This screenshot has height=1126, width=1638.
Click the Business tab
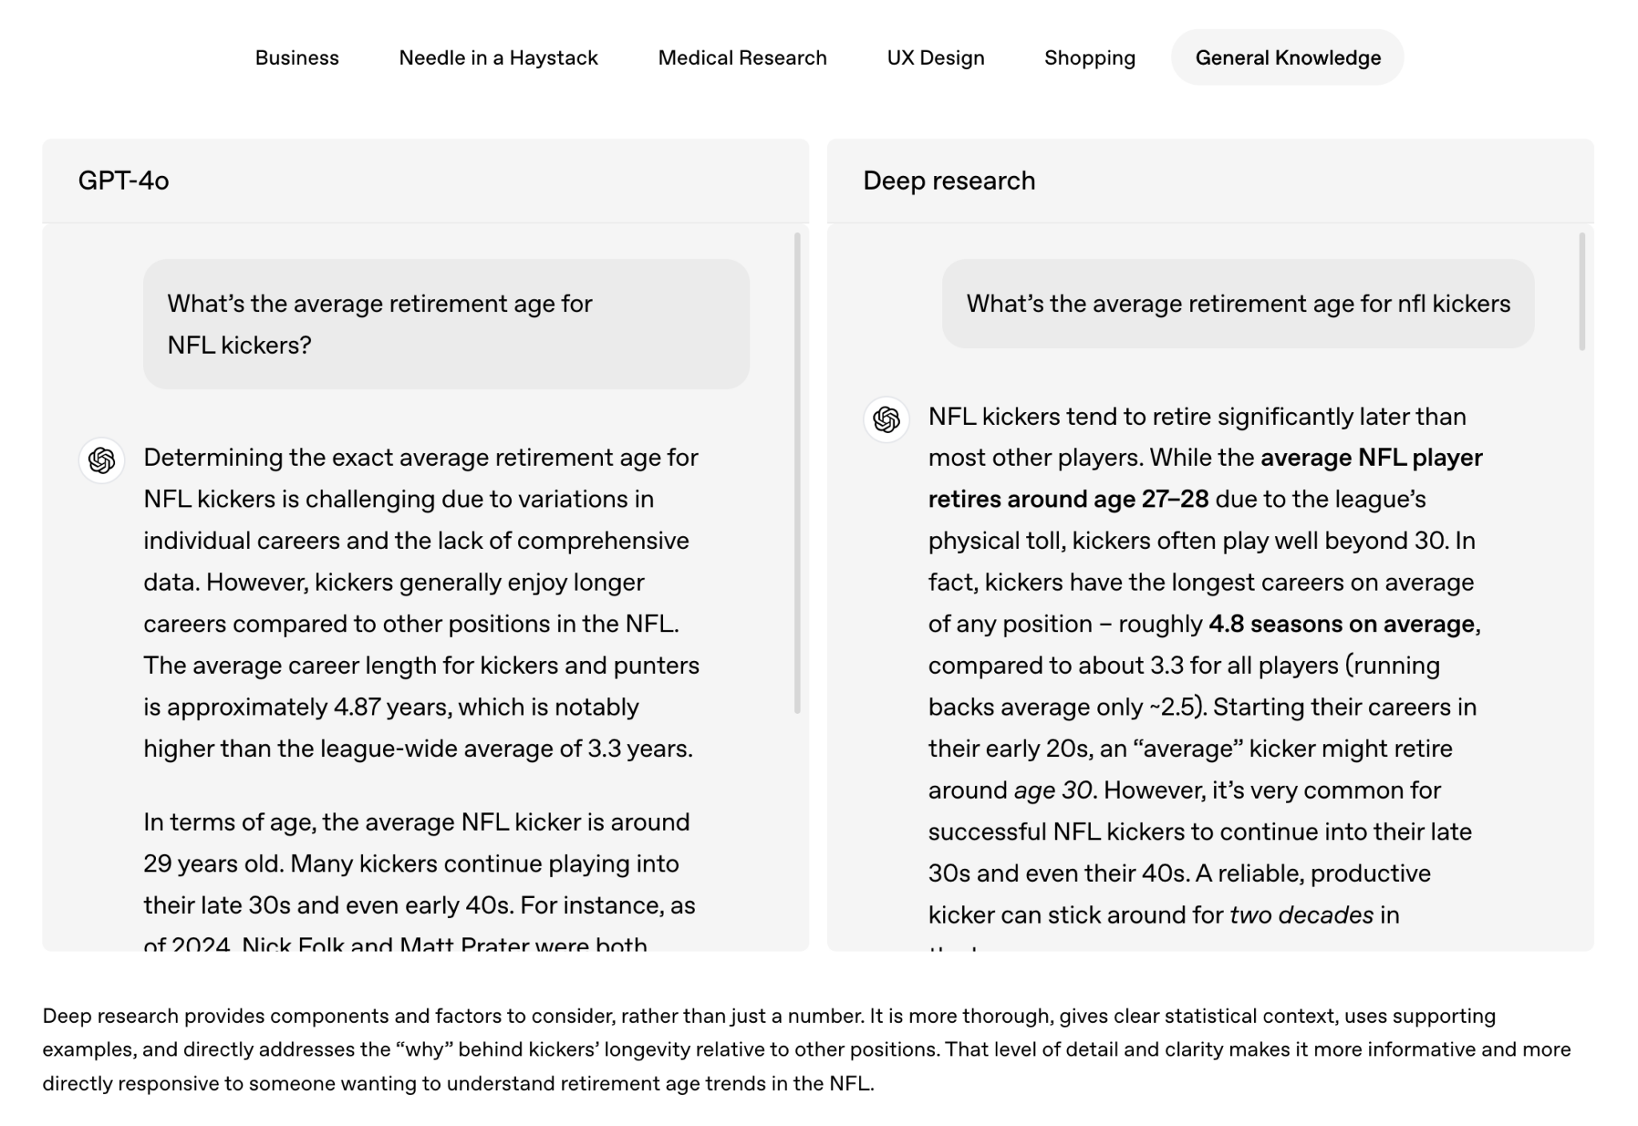[x=297, y=58]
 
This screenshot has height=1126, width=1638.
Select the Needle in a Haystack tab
[x=497, y=58]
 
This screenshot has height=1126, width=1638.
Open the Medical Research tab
[x=741, y=58]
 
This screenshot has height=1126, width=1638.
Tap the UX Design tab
[x=935, y=58]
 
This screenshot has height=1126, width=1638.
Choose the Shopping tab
[x=1089, y=58]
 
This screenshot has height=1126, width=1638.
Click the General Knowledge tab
[x=1287, y=58]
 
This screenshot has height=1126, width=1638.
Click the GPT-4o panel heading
[x=123, y=181]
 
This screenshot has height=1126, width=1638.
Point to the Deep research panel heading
[x=949, y=181]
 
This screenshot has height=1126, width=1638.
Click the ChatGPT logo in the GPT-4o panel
[x=102, y=460]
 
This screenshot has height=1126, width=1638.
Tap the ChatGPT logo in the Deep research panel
[x=886, y=419]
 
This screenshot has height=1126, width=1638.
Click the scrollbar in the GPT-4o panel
[x=797, y=472]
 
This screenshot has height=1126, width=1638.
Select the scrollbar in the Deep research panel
[x=1581, y=291]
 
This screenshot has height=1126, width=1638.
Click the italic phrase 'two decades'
[x=1301, y=915]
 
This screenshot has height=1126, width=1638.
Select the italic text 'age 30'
[x=1053, y=791]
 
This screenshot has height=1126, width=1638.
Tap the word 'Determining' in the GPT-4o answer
[x=213, y=458]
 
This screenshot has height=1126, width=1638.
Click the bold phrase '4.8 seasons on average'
[x=1341, y=624]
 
